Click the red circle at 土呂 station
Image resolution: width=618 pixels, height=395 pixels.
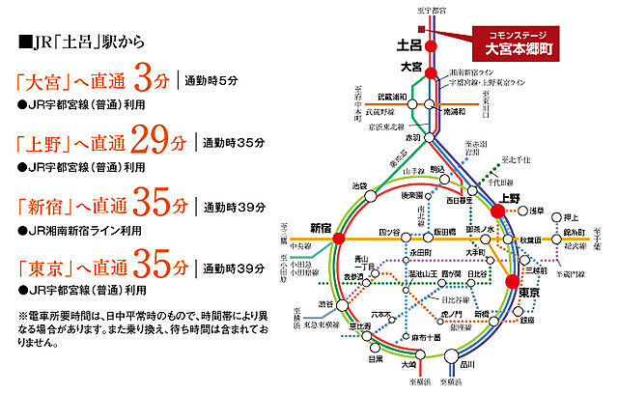432,45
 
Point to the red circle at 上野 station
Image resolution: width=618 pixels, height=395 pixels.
498,209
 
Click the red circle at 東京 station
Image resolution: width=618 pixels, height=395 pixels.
511,280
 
